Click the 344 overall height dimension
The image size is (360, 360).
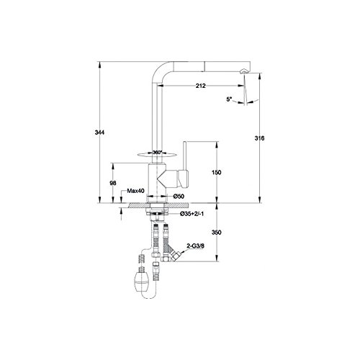[99, 132]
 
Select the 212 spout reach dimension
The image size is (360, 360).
[201, 86]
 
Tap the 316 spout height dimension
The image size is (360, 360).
[259, 138]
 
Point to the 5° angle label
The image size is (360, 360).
[229, 99]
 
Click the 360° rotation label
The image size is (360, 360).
[158, 153]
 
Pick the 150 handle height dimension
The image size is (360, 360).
[217, 172]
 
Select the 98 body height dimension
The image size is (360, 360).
[113, 183]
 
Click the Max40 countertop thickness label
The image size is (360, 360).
[135, 191]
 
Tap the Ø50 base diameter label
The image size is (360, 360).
[179, 197]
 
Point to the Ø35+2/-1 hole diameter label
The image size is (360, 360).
[192, 214]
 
